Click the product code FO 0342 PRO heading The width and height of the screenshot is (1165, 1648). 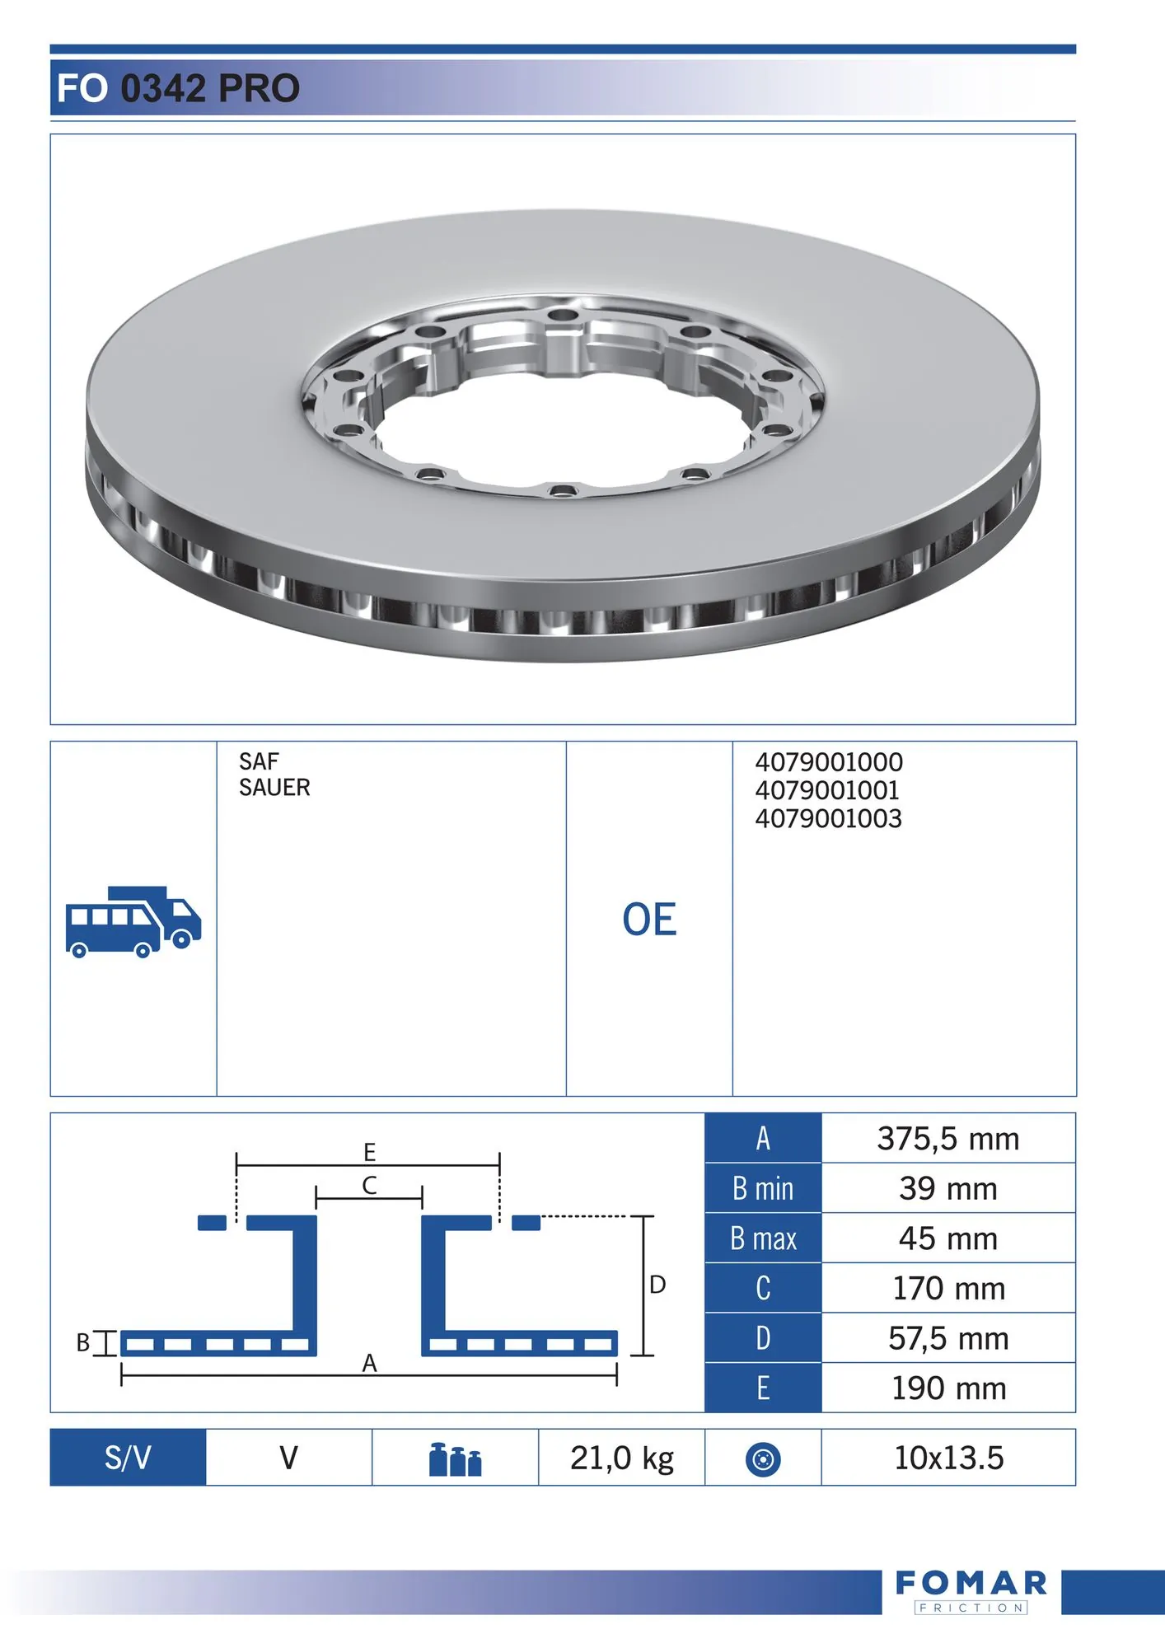point(178,88)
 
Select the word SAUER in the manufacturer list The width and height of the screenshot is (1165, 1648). point(274,788)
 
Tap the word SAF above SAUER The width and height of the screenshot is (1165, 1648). point(259,761)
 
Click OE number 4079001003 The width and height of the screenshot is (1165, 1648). point(828,818)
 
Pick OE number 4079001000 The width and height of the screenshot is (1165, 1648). point(829,761)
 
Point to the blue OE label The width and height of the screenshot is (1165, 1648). point(649,920)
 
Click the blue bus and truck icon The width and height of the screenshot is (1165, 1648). point(133,922)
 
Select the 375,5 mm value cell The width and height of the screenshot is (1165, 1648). point(948,1139)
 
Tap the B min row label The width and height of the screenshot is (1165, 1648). point(763,1188)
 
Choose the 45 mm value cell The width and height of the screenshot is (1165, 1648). point(948,1238)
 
